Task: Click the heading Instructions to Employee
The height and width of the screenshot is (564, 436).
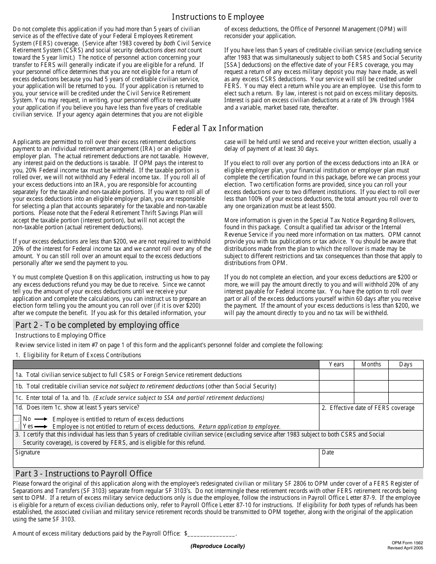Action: coord(218,17)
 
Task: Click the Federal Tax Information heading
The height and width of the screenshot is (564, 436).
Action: coord(218,128)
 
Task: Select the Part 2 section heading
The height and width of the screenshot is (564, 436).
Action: coord(97,325)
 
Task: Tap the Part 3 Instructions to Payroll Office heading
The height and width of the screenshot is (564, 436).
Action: coord(84,474)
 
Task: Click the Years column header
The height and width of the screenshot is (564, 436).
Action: coord(336,364)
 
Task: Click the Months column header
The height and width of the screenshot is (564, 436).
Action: coord(371,364)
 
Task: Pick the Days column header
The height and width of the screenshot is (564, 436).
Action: coord(406,364)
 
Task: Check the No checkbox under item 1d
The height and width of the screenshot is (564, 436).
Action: coord(17,419)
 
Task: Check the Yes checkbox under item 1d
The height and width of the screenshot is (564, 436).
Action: coord(17,426)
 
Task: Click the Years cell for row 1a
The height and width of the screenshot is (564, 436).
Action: coord(336,375)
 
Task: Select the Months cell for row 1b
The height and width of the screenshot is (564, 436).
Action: coord(371,387)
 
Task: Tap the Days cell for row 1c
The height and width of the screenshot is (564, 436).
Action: coord(406,398)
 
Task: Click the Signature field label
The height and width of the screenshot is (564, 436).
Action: coord(28,453)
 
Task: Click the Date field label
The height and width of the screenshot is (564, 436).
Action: coord(328,453)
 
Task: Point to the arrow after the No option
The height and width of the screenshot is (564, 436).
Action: coord(41,419)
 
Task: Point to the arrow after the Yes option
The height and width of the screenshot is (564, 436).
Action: coord(41,426)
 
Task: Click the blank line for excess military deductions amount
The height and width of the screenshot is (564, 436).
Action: coord(211,534)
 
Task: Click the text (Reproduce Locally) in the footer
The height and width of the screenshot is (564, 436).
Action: coord(218,546)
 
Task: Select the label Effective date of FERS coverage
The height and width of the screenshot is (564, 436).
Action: coord(372,408)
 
